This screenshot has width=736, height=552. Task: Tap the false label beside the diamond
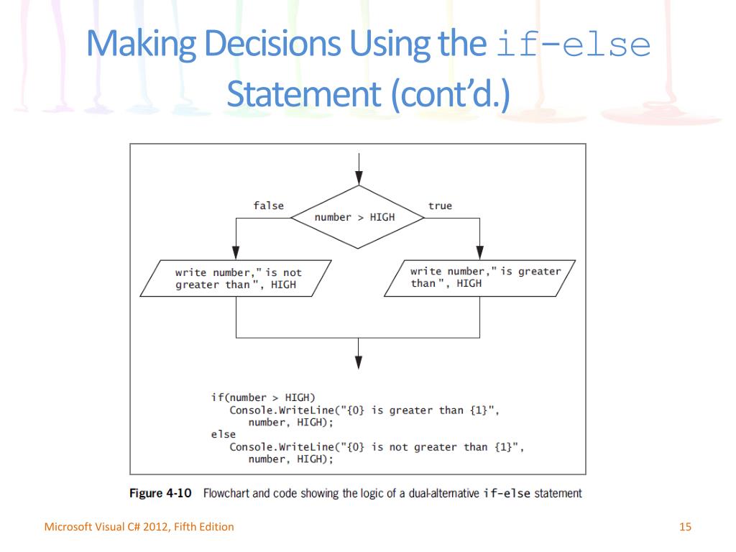(268, 206)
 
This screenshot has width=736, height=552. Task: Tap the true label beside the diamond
(440, 206)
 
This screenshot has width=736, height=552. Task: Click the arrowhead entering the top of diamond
(359, 179)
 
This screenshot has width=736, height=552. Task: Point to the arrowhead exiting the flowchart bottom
(359, 362)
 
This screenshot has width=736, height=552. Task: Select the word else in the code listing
(223, 434)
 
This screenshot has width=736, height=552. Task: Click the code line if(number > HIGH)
(263, 397)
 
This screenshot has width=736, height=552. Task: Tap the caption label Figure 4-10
(160, 494)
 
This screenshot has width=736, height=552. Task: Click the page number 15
(685, 527)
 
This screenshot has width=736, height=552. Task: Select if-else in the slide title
(573, 45)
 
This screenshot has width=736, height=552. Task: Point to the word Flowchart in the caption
(229, 494)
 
